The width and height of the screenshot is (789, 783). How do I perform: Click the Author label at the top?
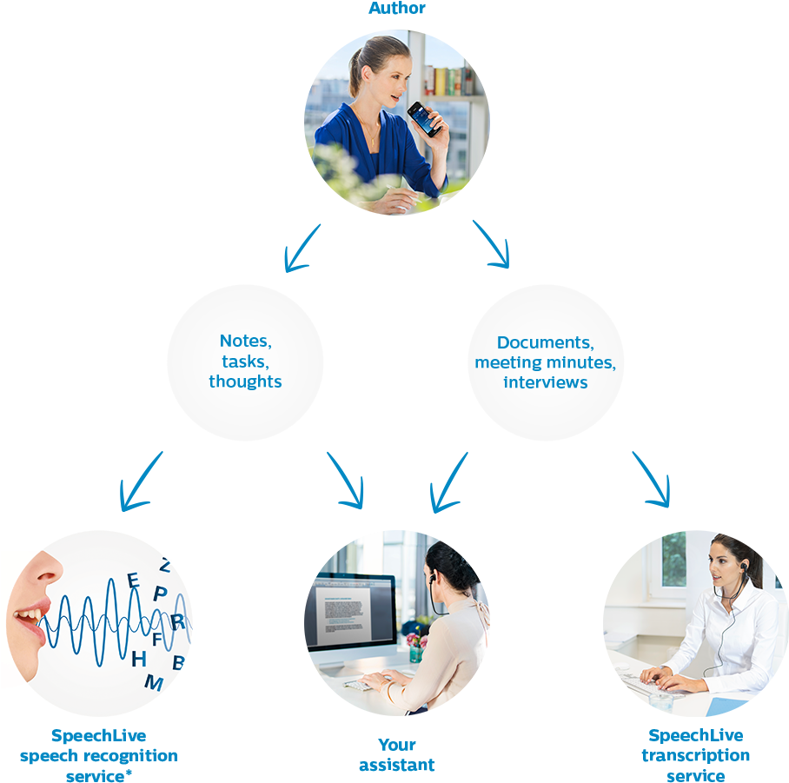[396, 9]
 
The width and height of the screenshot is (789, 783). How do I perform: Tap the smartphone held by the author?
[423, 119]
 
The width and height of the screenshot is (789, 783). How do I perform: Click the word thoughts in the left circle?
[245, 382]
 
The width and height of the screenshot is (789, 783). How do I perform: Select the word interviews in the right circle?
[545, 382]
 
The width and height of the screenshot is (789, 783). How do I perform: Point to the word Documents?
[545, 342]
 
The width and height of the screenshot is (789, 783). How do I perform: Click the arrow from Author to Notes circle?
[302, 248]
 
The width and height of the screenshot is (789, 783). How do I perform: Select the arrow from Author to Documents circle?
[491, 244]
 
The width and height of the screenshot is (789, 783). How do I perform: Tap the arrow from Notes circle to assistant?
[346, 480]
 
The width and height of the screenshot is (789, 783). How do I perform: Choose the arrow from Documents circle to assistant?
[449, 481]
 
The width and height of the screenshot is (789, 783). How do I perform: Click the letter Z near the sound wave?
[165, 565]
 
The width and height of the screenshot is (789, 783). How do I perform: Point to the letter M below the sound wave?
[153, 683]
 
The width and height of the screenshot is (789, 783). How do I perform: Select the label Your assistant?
[397, 755]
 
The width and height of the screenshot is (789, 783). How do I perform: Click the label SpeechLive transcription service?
[695, 755]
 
